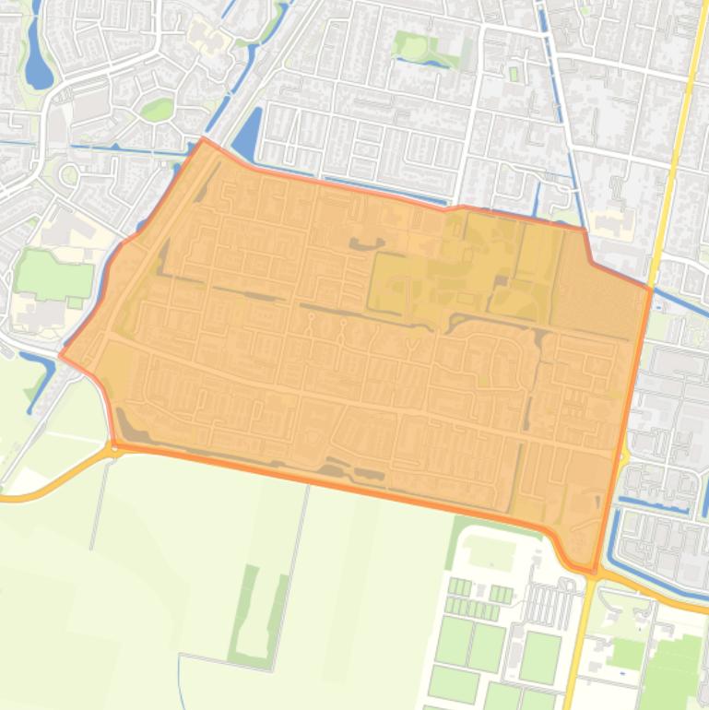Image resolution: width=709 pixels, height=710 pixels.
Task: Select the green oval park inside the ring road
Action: pos(158,110)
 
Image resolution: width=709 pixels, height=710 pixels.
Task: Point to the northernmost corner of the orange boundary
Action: pos(204,139)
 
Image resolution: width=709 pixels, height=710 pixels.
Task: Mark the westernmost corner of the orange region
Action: pos(61,355)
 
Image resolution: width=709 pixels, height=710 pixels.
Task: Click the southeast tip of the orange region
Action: pos(592,570)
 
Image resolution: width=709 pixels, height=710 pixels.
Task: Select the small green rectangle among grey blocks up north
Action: pos(514,74)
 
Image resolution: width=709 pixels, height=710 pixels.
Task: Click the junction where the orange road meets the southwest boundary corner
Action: pos(115,447)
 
